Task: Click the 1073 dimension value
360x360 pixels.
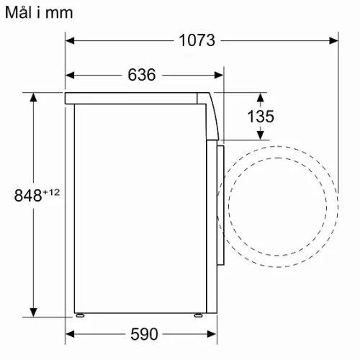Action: (x=197, y=40)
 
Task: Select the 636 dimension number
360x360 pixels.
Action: (x=142, y=75)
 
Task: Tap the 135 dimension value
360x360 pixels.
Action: (x=261, y=117)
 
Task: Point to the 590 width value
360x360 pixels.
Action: (x=144, y=334)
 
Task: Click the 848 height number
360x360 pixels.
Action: (x=28, y=195)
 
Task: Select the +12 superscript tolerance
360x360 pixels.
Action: (x=51, y=192)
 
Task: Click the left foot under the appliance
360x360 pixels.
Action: (x=80, y=315)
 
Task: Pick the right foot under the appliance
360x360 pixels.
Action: (x=199, y=315)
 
